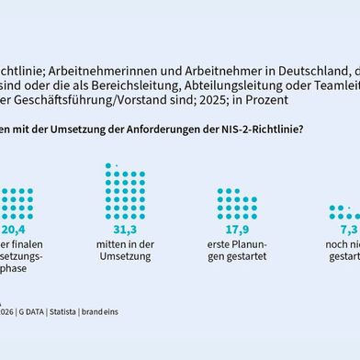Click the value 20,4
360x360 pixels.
tap(15, 230)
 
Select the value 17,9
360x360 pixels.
tap(238, 230)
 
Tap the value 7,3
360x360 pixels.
tap(348, 230)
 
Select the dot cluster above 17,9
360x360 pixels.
tap(237, 204)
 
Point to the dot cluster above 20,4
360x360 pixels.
tap(16, 204)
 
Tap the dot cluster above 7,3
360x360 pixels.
tap(345, 211)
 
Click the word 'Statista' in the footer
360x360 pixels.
tap(71, 311)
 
